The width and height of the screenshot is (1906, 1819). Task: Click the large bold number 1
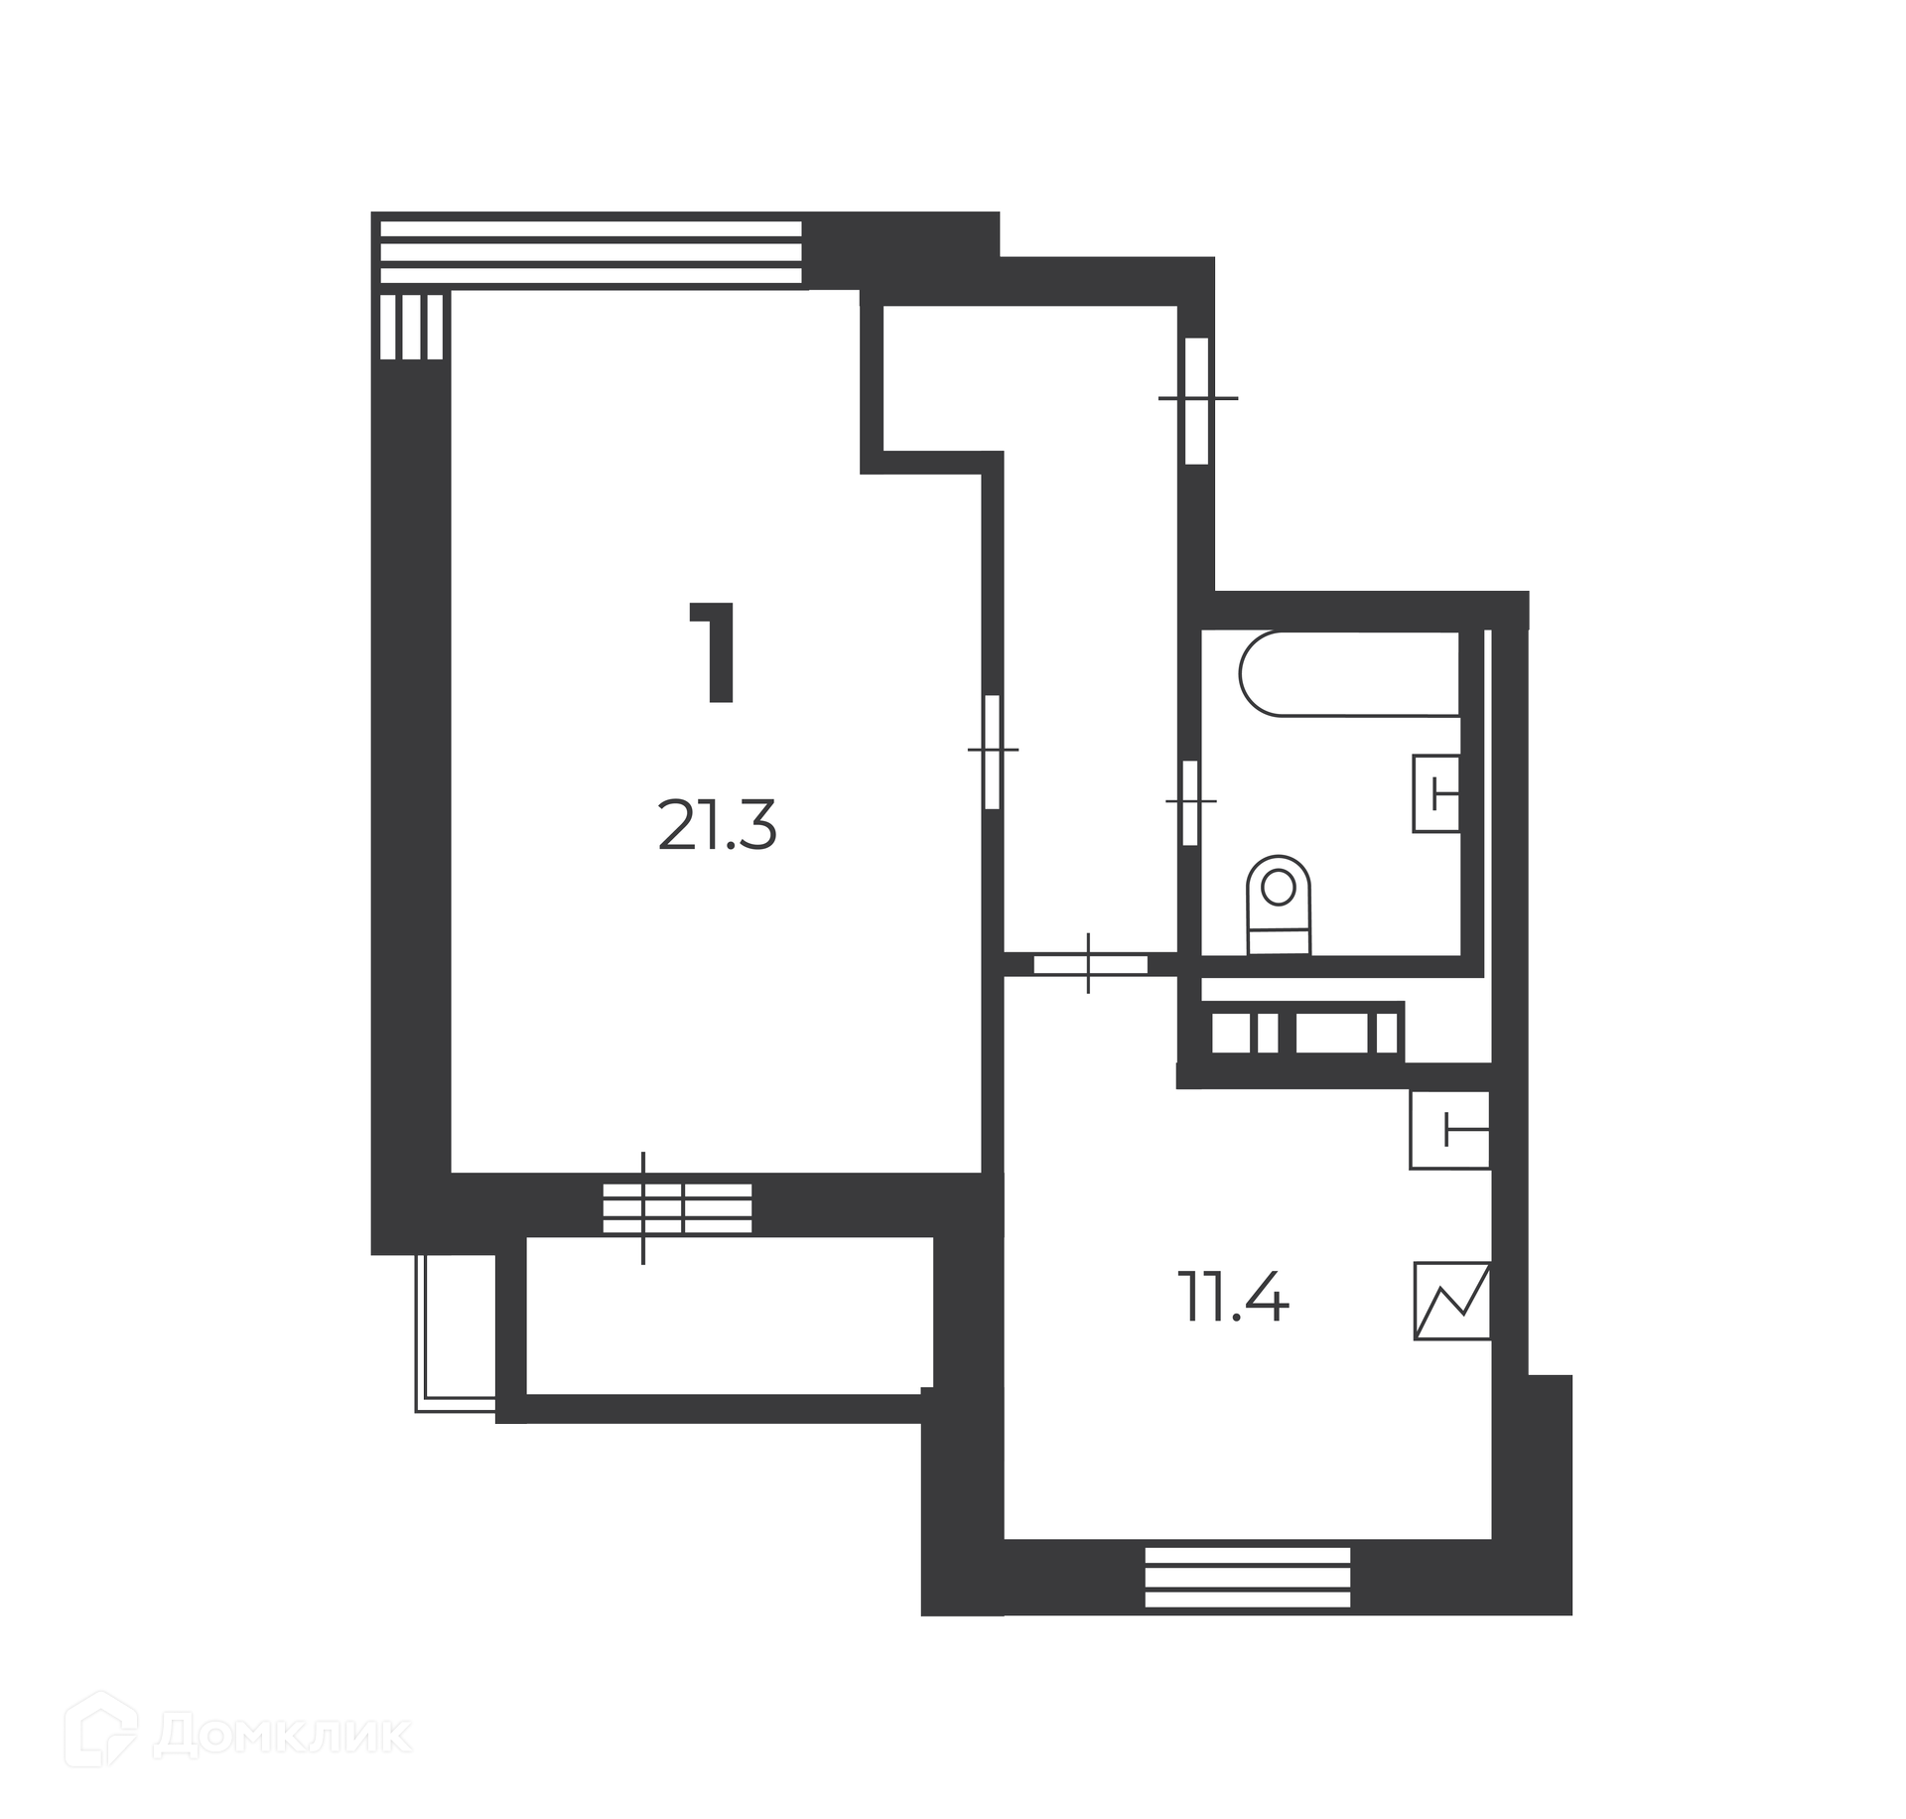coord(715,652)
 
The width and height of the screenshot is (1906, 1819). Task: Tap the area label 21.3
coord(717,827)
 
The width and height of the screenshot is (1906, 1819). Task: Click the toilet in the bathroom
coord(1279,905)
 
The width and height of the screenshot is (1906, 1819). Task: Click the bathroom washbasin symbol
coord(1436,793)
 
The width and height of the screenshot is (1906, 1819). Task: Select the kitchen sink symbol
coord(1450,1129)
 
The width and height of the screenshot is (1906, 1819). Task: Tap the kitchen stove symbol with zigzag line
coord(1452,1301)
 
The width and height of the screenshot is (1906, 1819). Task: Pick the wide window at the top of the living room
coord(591,252)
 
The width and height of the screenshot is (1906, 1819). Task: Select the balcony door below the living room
coord(677,1207)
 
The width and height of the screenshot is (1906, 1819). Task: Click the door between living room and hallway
coord(991,752)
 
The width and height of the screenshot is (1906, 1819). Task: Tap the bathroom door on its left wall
coord(1189,801)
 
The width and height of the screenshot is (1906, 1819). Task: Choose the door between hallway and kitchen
coord(1090,963)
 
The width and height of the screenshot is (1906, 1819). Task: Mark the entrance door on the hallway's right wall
coord(1197,399)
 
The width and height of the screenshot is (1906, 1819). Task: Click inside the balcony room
coord(729,1315)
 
